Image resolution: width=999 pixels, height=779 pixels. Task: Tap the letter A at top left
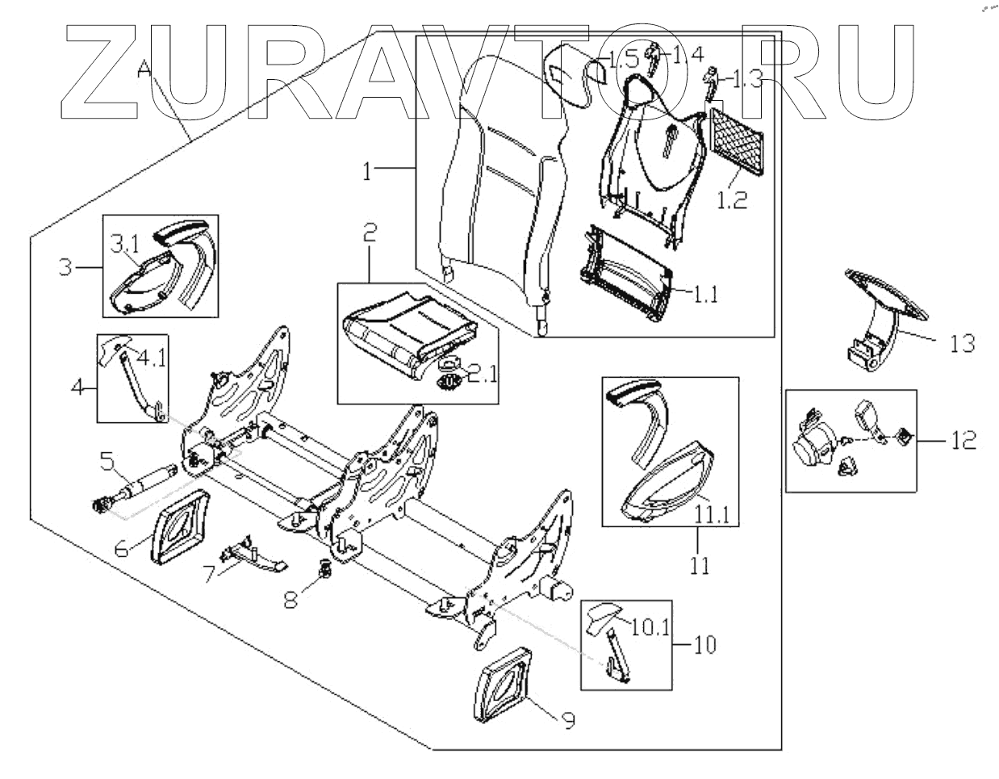145,70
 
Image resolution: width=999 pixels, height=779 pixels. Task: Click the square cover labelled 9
507,685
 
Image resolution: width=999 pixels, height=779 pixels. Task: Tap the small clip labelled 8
326,570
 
